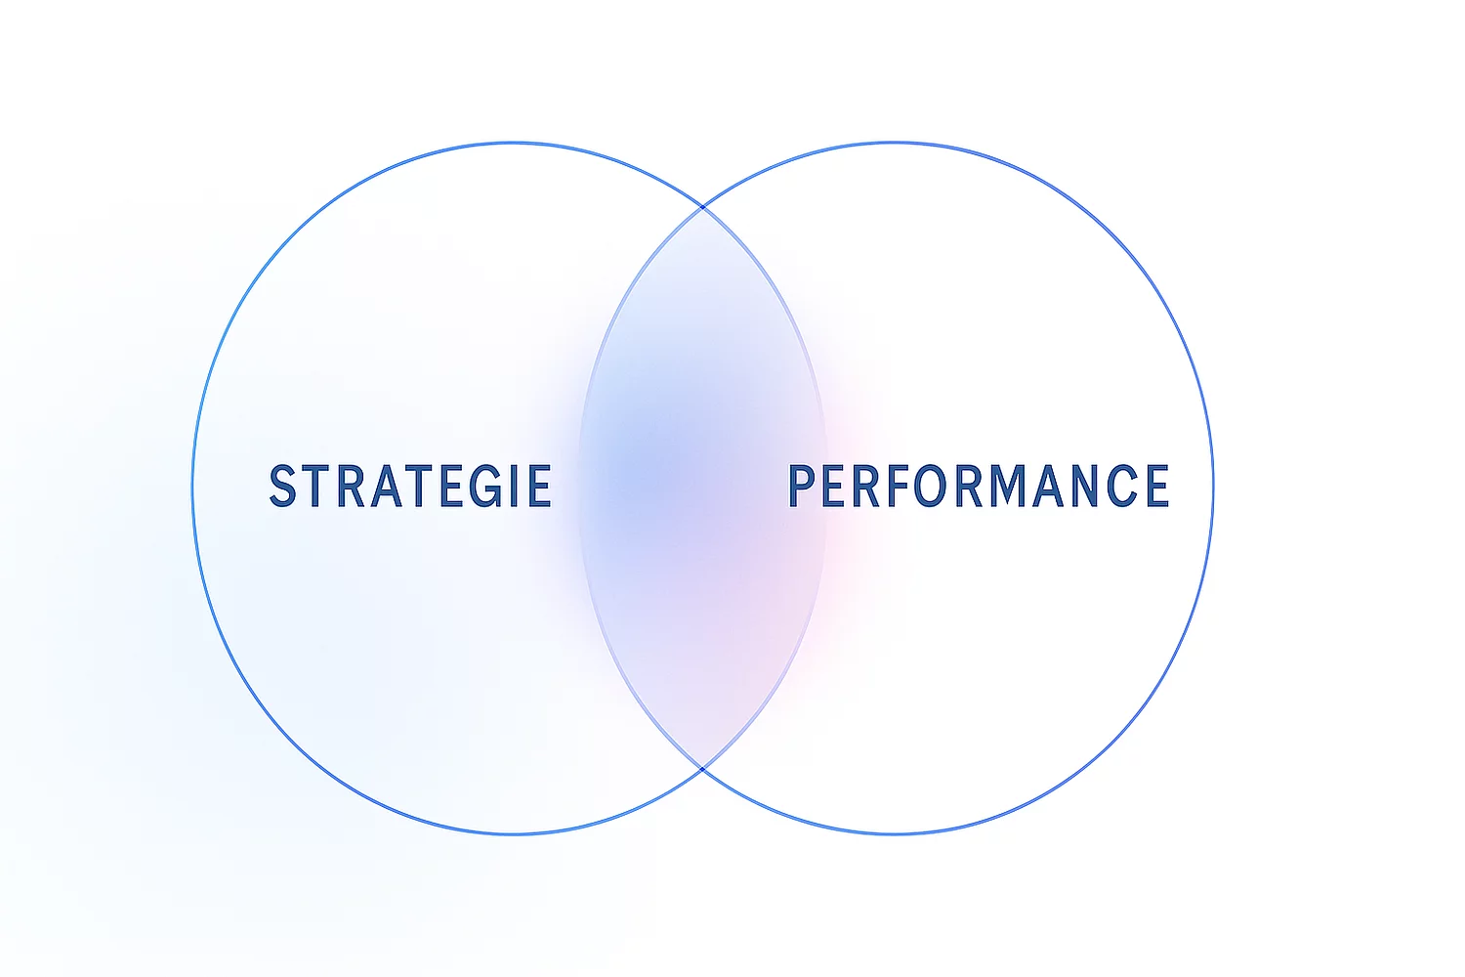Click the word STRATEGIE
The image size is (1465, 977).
[x=410, y=487]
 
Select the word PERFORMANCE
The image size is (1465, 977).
[x=979, y=487]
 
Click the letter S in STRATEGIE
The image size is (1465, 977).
[x=283, y=487]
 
